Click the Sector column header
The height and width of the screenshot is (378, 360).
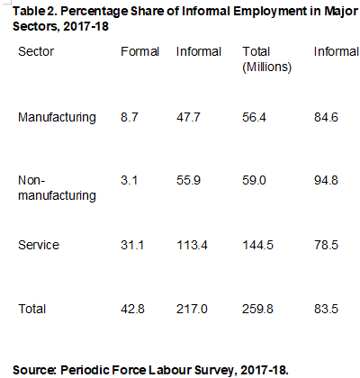point(36,52)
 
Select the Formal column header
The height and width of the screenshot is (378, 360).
point(139,52)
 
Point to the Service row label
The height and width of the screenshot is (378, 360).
point(39,245)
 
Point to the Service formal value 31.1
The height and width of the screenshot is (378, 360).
point(132,245)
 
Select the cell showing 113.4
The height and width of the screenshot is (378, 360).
point(193,245)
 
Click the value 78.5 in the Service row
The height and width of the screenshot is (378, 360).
point(327,245)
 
